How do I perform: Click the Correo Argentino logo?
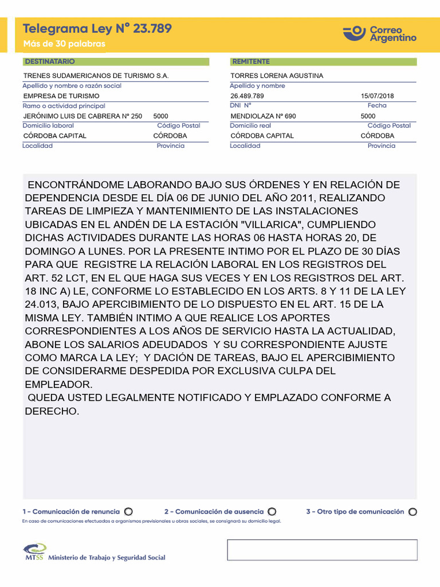pos(380,33)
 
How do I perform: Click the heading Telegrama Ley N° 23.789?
pos(97,29)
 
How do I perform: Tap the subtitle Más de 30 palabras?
pos(64,44)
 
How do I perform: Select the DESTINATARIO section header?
pos(49,61)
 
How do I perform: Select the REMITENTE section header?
pos(251,61)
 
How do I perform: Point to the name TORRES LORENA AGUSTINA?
pos(277,76)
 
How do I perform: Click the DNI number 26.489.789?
pos(247,96)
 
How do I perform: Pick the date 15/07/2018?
pos(378,96)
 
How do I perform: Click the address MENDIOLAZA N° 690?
pos(263,116)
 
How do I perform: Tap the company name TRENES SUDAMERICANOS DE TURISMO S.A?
pos(96,76)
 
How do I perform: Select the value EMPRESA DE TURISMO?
pos(61,96)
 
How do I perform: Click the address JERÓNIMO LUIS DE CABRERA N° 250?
pos(82,116)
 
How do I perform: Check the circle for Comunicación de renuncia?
pos(128,511)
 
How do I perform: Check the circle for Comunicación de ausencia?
pos(272,511)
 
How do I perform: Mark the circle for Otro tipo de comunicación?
pos(413,511)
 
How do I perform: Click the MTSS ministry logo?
pos(35,551)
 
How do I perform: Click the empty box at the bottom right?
pos(322,550)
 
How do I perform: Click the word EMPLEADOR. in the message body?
pos(58,384)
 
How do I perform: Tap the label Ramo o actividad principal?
pos(64,106)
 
